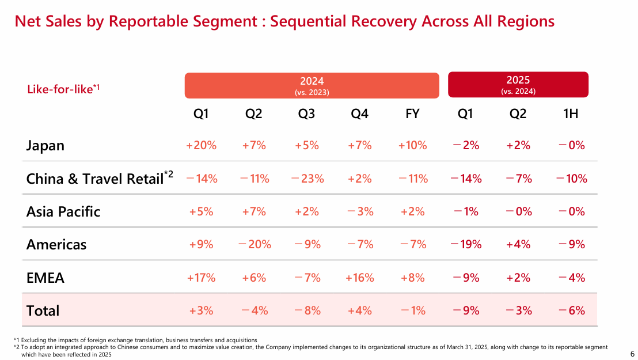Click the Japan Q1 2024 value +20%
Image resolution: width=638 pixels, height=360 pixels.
201,145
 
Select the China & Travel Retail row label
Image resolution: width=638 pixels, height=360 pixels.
95,179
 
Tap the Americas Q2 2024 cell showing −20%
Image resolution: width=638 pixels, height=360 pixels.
254,244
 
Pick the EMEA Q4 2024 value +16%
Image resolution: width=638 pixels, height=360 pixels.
360,278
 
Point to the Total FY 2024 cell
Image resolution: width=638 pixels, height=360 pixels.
412,310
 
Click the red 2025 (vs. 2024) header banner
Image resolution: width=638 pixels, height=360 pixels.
518,85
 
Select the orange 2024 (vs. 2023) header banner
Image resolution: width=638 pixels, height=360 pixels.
312,85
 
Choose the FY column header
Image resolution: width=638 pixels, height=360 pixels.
412,114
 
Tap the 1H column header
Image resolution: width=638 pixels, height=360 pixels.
571,114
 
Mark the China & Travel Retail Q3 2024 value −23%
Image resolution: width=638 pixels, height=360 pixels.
307,179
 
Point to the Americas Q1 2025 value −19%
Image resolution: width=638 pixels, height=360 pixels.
466,244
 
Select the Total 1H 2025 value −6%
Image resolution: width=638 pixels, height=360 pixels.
571,310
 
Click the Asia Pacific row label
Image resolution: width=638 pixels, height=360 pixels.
63,211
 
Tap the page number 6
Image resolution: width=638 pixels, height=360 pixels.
632,354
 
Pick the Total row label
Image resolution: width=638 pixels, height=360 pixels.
43,310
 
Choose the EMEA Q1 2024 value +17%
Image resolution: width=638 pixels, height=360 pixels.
201,278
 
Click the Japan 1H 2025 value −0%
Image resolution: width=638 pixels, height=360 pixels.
571,145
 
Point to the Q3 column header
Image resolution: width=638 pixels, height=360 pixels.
307,114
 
